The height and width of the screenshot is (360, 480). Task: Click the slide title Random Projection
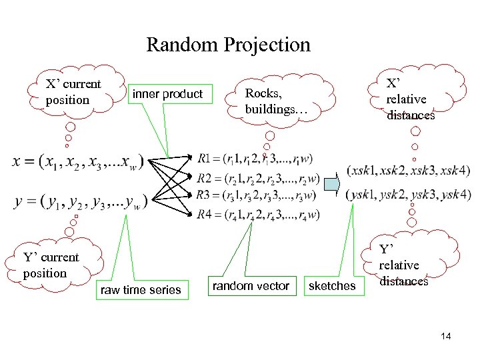228,45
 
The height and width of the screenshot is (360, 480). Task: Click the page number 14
445,336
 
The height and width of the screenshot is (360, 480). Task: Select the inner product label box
167,94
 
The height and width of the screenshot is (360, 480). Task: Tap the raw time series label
140,289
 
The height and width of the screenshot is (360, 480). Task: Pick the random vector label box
251,286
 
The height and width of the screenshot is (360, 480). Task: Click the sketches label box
332,286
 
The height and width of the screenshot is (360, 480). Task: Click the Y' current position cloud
51,265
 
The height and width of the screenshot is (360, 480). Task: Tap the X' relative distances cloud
410,99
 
